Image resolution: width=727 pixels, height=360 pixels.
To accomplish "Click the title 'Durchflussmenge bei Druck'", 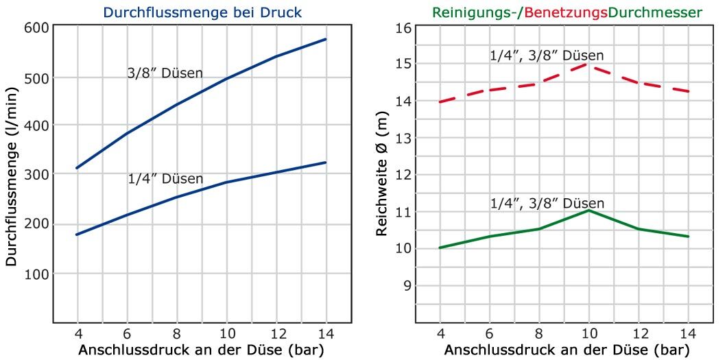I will tap(202, 12).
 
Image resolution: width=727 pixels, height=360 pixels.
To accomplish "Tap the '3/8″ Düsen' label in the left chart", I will tap(165, 73).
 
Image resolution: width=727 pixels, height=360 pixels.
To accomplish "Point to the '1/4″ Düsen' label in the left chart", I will tap(165, 179).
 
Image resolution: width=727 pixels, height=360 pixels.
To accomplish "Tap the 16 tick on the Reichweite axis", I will tap(403, 27).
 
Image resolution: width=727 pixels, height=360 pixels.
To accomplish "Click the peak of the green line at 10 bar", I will tap(588, 211).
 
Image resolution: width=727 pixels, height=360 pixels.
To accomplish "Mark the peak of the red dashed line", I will tap(588, 64).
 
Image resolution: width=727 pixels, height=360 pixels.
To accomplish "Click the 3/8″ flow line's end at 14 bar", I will tap(325, 39).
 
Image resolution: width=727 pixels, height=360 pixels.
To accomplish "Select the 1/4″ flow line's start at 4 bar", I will tap(77, 235).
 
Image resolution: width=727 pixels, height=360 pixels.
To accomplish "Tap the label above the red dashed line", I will tap(547, 56).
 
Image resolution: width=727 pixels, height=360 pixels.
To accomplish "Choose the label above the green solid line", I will tap(547, 203).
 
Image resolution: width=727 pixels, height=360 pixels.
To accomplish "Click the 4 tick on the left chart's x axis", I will tap(77, 334).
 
